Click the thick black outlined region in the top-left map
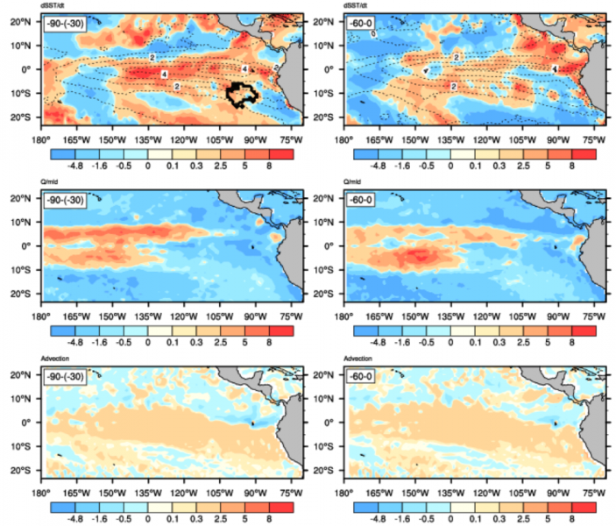coord(239,93)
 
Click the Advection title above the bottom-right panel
coord(364,359)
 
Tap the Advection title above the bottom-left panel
coord(60,359)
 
